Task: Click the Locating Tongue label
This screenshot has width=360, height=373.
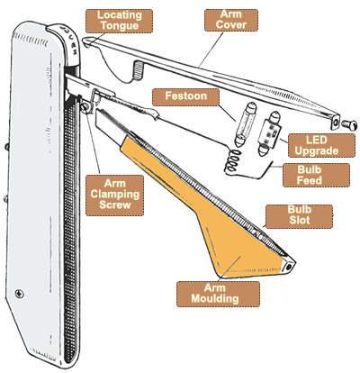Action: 119,21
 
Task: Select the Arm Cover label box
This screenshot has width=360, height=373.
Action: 231,20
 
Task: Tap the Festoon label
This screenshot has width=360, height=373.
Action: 185,96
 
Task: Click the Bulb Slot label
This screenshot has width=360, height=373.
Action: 300,215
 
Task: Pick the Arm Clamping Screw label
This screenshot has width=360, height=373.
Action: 115,195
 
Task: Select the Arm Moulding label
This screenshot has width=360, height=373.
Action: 215,294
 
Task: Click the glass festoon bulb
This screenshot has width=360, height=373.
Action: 246,124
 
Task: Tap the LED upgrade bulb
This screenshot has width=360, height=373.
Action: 270,133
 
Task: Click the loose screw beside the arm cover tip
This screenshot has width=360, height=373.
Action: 349,124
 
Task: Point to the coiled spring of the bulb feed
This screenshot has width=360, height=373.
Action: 233,162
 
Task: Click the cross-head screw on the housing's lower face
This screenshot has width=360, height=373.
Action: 20,293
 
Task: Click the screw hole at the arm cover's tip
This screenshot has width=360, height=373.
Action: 336,123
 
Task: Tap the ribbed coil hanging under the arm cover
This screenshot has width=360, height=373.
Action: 138,70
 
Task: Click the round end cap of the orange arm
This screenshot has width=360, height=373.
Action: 289,266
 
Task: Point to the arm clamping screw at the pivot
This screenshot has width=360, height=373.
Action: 85,107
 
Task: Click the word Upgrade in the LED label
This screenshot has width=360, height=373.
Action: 317,150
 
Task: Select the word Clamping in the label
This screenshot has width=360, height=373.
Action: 115,195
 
